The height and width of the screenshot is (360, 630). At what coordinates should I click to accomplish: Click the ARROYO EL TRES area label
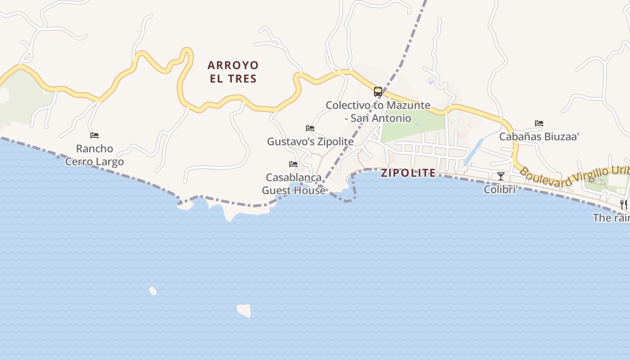click(233, 72)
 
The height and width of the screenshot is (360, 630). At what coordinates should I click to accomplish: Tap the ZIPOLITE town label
click(408, 173)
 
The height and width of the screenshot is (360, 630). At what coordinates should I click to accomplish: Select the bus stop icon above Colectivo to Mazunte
click(378, 92)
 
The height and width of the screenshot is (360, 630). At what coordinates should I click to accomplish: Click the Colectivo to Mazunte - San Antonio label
click(378, 112)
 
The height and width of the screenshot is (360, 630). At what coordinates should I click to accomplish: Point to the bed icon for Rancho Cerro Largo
click(94, 135)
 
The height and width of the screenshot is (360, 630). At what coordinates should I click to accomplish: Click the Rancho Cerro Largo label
click(94, 155)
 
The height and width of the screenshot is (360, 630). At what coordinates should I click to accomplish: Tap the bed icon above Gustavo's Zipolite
click(310, 128)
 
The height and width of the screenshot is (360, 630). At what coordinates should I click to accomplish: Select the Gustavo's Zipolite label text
click(310, 141)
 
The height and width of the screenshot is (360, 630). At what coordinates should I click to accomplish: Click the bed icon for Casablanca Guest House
click(293, 164)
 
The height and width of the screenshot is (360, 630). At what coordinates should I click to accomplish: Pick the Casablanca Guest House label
click(293, 184)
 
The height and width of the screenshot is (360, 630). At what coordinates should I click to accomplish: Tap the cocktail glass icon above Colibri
click(501, 176)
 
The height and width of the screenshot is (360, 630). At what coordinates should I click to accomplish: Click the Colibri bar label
click(499, 189)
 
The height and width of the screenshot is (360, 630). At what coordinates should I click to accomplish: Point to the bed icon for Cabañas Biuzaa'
click(539, 123)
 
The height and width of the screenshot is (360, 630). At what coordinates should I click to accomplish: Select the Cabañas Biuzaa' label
click(539, 137)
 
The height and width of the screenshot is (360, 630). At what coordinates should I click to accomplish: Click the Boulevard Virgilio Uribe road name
click(574, 177)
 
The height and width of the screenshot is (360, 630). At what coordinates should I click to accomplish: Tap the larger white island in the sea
click(244, 310)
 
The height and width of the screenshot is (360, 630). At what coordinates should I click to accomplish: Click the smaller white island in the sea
click(153, 291)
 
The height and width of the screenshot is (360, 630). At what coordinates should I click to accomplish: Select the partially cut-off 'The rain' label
click(611, 218)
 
